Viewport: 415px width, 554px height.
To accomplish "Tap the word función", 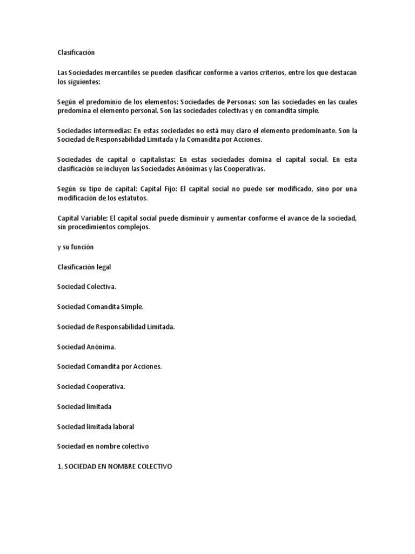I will [x=82, y=247].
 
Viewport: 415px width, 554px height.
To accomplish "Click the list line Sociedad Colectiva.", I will [x=86, y=287].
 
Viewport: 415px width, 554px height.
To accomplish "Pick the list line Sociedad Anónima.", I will [x=86, y=346].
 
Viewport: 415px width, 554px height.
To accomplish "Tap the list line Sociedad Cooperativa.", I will [x=91, y=386].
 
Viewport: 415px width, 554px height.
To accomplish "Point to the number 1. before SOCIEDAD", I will [x=60, y=466].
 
